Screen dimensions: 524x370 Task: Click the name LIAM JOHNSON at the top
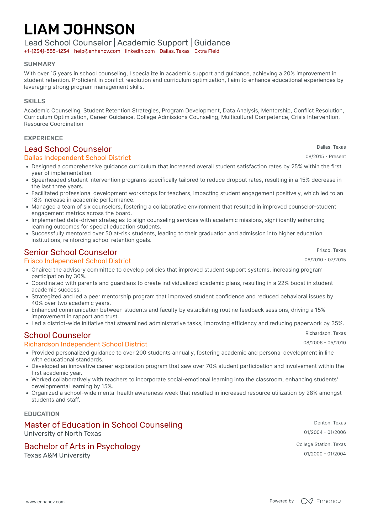coord(80,29)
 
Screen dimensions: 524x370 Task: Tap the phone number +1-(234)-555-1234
coord(47,51)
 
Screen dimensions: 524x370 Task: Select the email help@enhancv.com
coord(97,51)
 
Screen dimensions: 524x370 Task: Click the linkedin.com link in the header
coord(140,51)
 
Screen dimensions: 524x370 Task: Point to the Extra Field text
coord(207,51)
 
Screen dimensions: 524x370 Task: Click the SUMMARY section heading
coord(40,64)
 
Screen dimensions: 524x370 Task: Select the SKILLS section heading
coord(35,101)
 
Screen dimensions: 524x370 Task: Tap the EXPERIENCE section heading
coord(44,138)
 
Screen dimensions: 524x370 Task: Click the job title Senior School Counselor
coord(71,252)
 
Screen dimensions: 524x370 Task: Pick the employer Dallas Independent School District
coord(77,158)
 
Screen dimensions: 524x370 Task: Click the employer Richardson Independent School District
coord(86,344)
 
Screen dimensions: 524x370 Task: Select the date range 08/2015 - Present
coord(326,157)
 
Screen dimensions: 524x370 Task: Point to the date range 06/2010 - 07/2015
coord(325,260)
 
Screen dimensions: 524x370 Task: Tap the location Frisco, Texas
coord(331,250)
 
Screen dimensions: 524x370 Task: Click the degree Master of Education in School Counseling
coord(103,425)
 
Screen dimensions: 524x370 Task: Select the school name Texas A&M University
coord(57,455)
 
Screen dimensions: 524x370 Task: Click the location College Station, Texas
coord(321,444)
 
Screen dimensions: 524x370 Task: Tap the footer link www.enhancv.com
coord(45,502)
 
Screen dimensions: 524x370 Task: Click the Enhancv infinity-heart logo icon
coord(307,501)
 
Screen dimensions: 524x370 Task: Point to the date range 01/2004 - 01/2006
coord(325,432)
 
